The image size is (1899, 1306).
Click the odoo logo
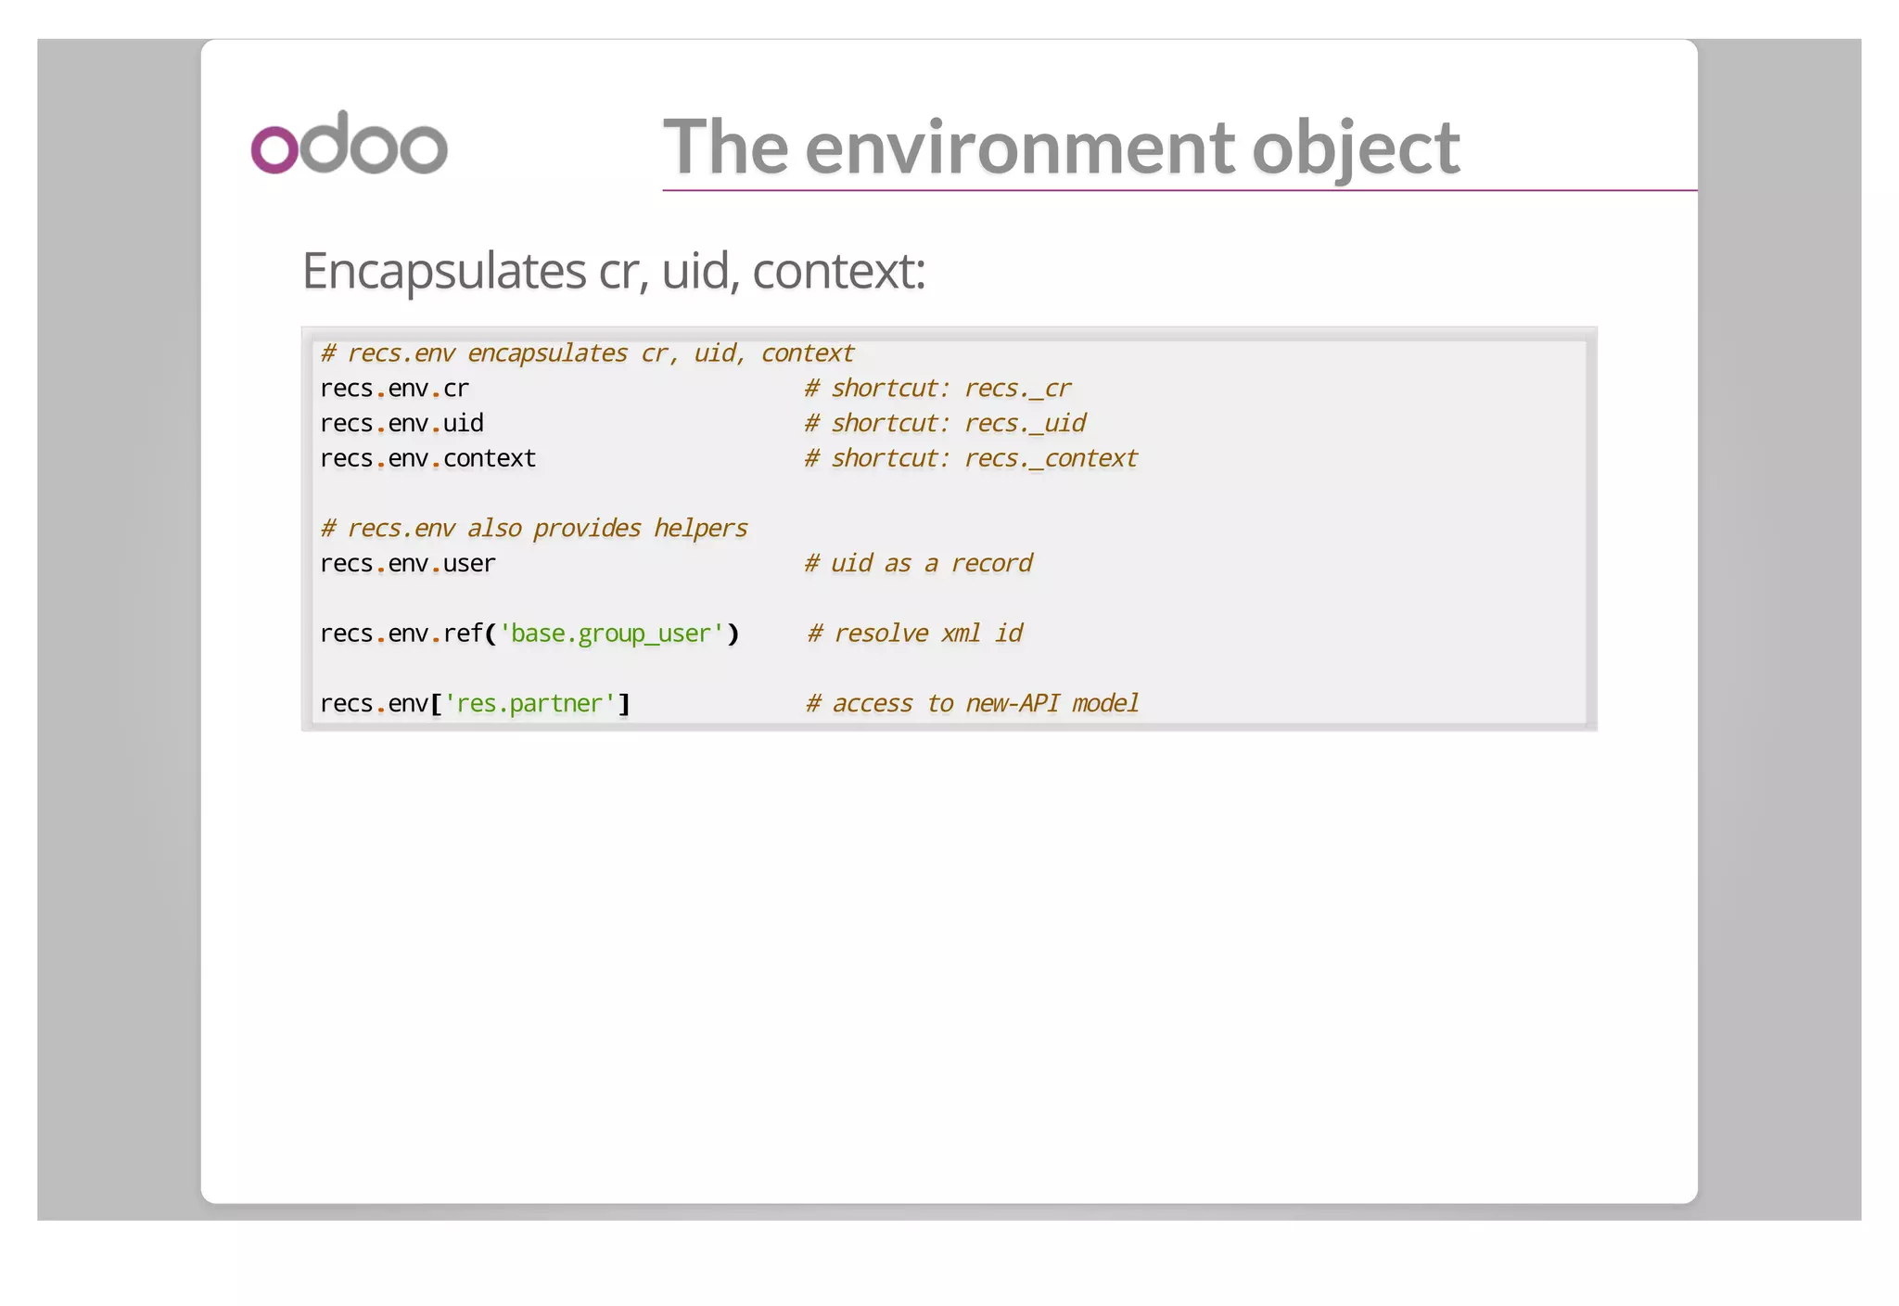pos(349,144)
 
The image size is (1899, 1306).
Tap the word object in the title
pos(1355,148)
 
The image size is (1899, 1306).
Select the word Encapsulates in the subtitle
pos(443,271)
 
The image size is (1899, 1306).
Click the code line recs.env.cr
pos(394,389)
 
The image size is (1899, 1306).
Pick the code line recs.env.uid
pos(401,424)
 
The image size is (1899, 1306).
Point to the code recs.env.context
pos(427,459)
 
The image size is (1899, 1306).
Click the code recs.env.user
pos(407,564)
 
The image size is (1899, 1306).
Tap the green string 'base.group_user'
pos(611,634)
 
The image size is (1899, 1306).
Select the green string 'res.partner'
pos(529,704)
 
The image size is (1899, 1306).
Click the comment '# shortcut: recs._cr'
pos(937,389)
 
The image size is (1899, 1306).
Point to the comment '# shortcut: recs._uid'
pos(945,424)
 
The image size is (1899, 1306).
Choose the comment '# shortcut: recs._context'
pos(971,459)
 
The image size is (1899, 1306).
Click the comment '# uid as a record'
pos(918,564)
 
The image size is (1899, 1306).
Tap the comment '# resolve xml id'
pos(914,634)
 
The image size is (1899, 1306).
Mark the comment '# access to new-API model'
pos(972,704)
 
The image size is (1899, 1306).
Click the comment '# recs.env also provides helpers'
pos(534,529)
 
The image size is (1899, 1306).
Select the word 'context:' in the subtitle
pos(838,271)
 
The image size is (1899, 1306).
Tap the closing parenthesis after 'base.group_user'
pos(733,634)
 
